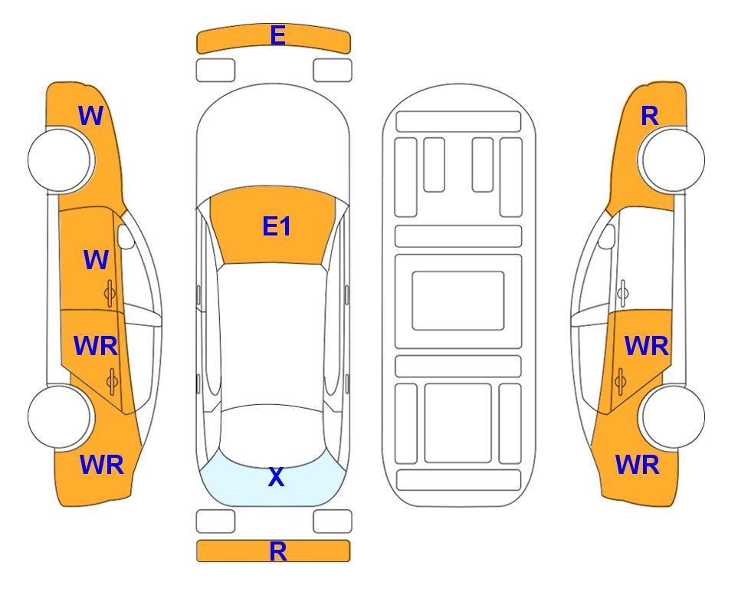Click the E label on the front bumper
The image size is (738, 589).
pyautogui.click(x=277, y=35)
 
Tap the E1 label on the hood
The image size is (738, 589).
pyautogui.click(x=277, y=226)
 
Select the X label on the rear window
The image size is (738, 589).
pyautogui.click(x=277, y=477)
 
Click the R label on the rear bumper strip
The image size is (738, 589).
pyautogui.click(x=277, y=551)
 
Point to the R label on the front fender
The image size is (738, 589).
pyautogui.click(x=650, y=116)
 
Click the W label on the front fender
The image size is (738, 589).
pyautogui.click(x=90, y=116)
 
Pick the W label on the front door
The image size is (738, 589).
pyautogui.click(x=96, y=260)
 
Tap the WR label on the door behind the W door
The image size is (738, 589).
pyautogui.click(x=96, y=347)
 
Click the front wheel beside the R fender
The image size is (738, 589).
pyautogui.click(x=671, y=160)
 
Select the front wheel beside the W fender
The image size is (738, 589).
pyautogui.click(x=61, y=160)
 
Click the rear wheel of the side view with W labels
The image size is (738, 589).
pyautogui.click(x=61, y=416)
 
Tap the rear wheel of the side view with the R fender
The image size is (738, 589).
pyautogui.click(x=671, y=416)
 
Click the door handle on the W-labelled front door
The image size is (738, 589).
pyautogui.click(x=110, y=293)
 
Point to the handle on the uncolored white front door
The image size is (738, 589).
pyautogui.click(x=622, y=293)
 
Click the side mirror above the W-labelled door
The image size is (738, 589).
pyautogui.click(x=126, y=236)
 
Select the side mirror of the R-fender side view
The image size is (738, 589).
pyautogui.click(x=607, y=236)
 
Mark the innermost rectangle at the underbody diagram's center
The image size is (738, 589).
pyautogui.click(x=458, y=301)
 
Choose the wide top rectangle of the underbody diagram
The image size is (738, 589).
pyautogui.click(x=458, y=122)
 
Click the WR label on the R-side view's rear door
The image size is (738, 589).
pyautogui.click(x=646, y=347)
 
